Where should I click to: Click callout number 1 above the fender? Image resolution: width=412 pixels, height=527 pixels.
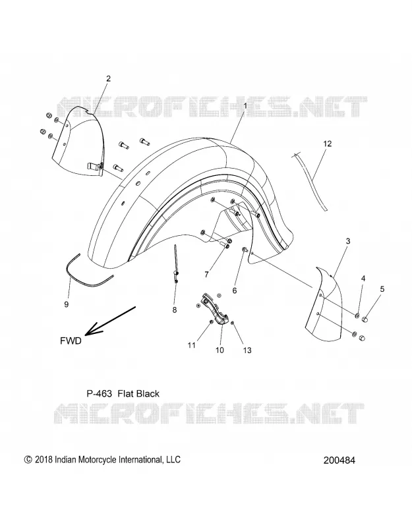pos(245,106)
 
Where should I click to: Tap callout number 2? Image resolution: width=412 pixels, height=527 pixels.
pos(108,78)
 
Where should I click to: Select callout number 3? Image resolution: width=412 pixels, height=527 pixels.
pos(348,241)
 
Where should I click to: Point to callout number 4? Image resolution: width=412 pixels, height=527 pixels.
pos(363,278)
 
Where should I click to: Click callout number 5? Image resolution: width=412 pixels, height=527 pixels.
pos(382,289)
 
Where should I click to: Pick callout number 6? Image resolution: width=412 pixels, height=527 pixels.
pos(235,291)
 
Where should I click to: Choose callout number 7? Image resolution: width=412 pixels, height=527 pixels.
pos(206,275)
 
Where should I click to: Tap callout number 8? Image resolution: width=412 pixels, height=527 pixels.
pos(175,310)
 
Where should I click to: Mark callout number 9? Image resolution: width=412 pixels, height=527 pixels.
pos(67,304)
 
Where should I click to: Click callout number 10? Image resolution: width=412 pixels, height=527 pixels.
pos(220,350)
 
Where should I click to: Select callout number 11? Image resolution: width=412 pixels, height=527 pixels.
pos(192,345)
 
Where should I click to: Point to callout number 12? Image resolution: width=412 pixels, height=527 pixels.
pos(327,144)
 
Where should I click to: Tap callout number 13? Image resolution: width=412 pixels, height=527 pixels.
pos(247,350)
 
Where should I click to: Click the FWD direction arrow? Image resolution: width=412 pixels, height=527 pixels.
pos(110,321)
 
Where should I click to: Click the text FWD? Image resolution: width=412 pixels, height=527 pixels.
pos(71,341)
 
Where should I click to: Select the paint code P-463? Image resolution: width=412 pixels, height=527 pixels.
pos(100,393)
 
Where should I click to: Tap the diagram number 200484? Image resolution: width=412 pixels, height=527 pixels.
pos(339,460)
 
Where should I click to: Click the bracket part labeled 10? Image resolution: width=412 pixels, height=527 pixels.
pos(213,308)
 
